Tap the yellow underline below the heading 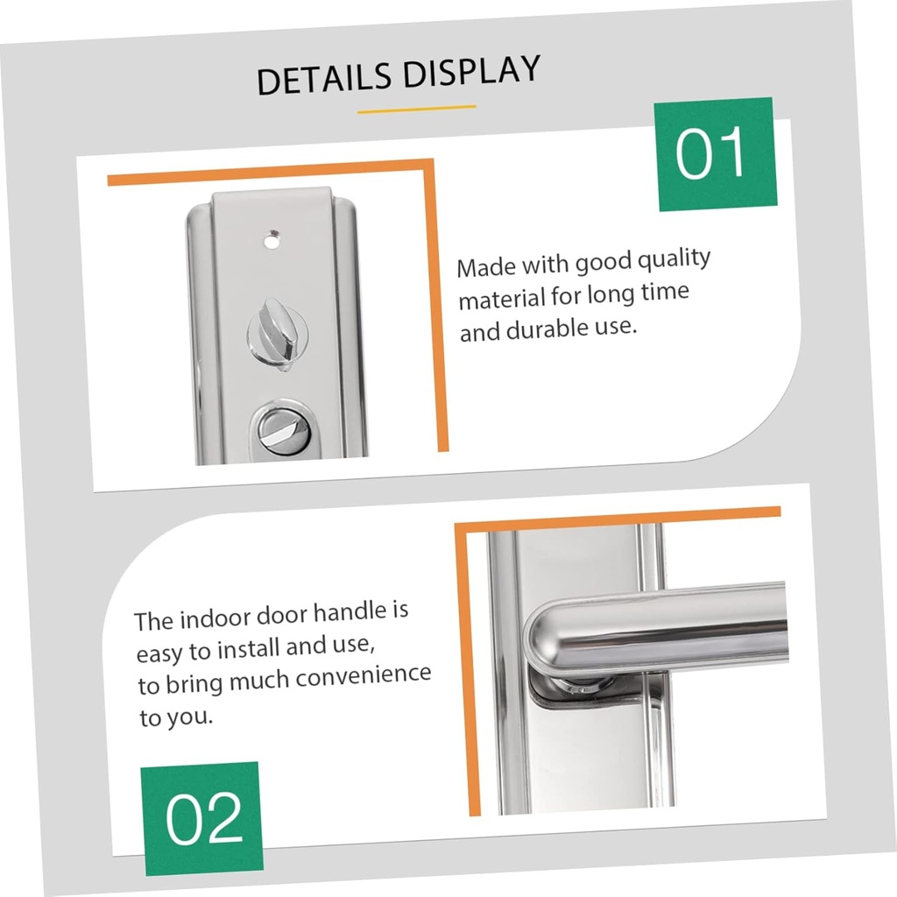416,109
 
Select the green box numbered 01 716,154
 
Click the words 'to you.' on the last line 175,719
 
